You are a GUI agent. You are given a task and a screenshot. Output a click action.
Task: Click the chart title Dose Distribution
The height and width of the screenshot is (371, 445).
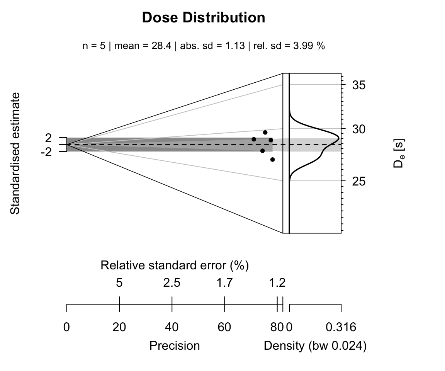click(x=204, y=18)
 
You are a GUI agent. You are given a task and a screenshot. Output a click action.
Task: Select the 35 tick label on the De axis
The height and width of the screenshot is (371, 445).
click(x=360, y=85)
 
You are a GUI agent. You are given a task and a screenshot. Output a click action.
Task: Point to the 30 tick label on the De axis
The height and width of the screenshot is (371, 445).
click(x=360, y=129)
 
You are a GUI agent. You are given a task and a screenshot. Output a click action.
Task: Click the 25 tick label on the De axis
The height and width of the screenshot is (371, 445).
click(x=360, y=181)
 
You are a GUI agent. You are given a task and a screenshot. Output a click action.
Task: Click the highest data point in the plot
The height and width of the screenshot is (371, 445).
click(x=265, y=133)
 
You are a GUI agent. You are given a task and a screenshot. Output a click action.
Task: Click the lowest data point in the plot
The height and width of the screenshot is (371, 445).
click(x=272, y=159)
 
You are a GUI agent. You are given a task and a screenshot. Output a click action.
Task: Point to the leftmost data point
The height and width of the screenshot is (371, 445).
click(x=254, y=139)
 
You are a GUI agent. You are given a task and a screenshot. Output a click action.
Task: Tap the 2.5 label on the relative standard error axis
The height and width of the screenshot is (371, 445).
click(x=172, y=283)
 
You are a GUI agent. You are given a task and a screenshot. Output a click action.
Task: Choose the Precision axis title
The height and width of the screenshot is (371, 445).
click(x=175, y=345)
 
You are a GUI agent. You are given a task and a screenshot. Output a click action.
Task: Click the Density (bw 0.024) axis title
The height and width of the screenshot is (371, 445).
click(x=315, y=345)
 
